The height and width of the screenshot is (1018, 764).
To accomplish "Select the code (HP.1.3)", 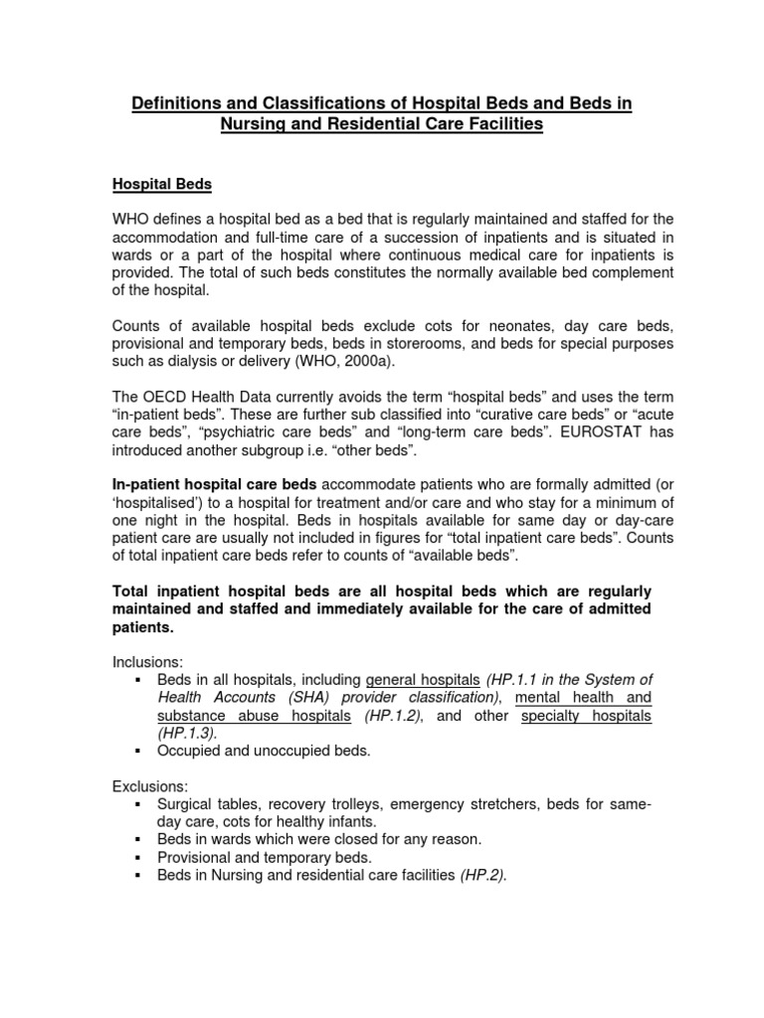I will (185, 733).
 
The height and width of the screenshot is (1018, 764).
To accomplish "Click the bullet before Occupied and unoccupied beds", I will (137, 751).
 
